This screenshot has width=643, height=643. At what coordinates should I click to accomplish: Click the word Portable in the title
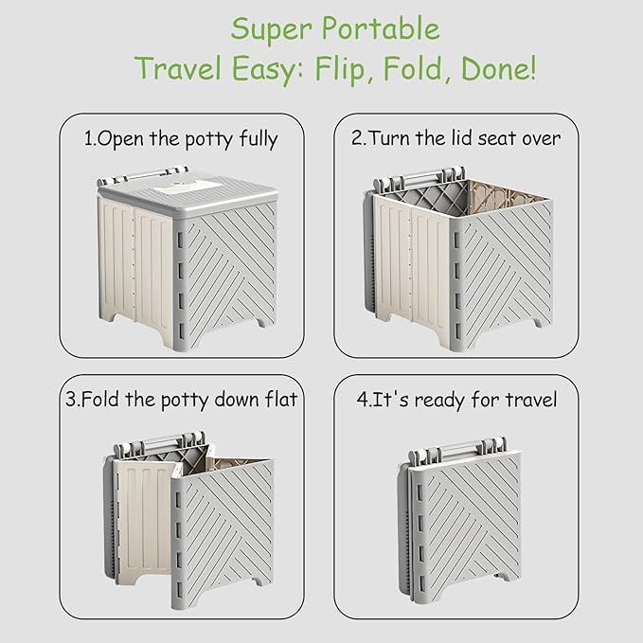(x=380, y=29)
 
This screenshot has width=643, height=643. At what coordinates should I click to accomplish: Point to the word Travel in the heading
(x=179, y=68)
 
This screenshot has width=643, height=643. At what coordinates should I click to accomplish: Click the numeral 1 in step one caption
(x=88, y=138)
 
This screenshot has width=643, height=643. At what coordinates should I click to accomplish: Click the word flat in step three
(x=281, y=399)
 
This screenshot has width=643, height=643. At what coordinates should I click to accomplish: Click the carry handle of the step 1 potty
(x=144, y=175)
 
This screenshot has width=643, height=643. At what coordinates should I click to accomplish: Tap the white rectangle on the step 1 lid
(x=188, y=189)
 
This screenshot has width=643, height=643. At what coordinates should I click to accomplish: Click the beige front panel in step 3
(x=144, y=517)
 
